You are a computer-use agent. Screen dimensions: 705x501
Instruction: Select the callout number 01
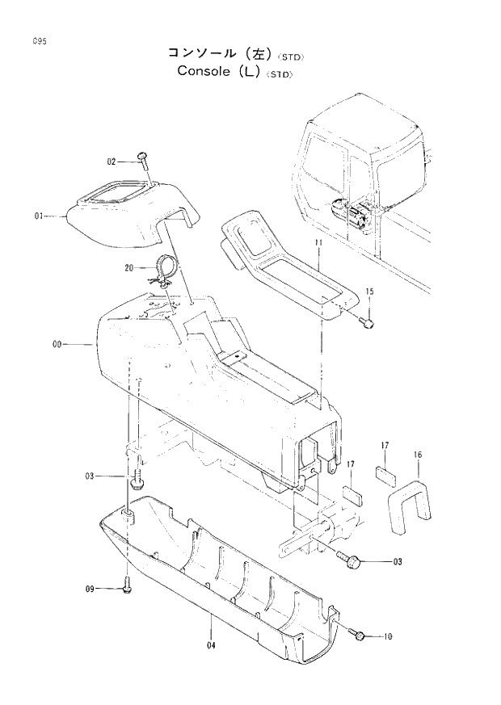[x=40, y=216]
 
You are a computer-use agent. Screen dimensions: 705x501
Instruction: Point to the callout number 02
[x=112, y=162]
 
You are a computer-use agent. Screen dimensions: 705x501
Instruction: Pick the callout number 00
[x=57, y=344]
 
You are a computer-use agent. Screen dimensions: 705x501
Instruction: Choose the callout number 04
[x=212, y=644]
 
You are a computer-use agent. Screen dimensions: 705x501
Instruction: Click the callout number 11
[x=318, y=242]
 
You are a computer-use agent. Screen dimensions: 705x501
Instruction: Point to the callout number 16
[x=417, y=455]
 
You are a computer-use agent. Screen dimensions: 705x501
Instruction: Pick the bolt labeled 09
[x=127, y=588]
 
